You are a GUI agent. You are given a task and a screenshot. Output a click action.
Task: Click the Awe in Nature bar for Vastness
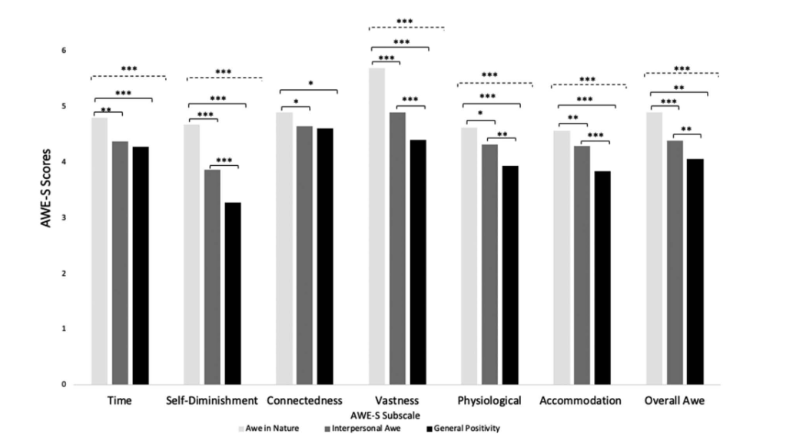click(376, 227)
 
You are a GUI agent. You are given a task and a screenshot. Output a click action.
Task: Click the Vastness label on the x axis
click(398, 401)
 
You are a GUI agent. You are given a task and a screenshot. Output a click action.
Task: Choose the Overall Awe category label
click(674, 401)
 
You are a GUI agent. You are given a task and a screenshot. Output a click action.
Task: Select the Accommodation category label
click(581, 401)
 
